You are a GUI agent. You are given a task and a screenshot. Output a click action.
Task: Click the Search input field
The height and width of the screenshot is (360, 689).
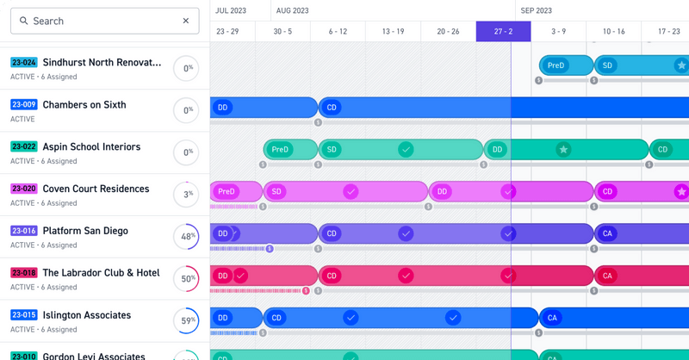pyautogui.click(x=95, y=21)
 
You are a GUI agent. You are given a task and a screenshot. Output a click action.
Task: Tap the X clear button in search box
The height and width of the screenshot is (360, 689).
pyautogui.click(x=186, y=21)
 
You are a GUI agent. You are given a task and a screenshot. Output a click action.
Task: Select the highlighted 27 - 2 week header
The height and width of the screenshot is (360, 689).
pyautogui.click(x=504, y=31)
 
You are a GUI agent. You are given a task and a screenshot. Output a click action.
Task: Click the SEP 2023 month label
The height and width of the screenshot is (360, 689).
pyautogui.click(x=537, y=10)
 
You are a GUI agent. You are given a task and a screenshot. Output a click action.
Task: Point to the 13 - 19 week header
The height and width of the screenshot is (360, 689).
pyautogui.click(x=393, y=31)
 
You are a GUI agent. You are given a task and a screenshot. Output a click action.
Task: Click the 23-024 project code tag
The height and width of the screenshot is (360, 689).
pyautogui.click(x=23, y=63)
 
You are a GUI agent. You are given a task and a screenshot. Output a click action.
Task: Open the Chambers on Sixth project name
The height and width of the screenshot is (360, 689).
pyautogui.click(x=84, y=105)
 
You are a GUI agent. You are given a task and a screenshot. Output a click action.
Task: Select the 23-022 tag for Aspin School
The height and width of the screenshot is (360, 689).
pyautogui.click(x=23, y=147)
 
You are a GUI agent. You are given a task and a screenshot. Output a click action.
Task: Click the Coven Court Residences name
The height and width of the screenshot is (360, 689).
pyautogui.click(x=96, y=189)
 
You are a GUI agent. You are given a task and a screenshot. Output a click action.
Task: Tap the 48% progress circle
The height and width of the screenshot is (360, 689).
pyautogui.click(x=186, y=237)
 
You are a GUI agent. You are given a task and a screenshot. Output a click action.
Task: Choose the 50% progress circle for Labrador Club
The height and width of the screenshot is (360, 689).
pyautogui.click(x=186, y=279)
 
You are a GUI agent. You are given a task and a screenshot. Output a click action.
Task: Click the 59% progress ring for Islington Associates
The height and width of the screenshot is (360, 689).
pyautogui.click(x=186, y=321)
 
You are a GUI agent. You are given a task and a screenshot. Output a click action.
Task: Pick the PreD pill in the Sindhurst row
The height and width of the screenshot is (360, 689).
pyautogui.click(x=556, y=65)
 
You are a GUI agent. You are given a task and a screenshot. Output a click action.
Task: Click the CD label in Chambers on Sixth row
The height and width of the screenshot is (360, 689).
pyautogui.click(x=332, y=108)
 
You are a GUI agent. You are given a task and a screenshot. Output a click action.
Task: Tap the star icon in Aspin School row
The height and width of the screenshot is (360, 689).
pyautogui.click(x=563, y=150)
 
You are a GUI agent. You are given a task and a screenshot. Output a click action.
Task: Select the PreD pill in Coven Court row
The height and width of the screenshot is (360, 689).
pyautogui.click(x=226, y=192)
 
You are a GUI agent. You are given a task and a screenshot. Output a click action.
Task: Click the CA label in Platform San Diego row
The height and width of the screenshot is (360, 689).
pyautogui.click(x=607, y=233)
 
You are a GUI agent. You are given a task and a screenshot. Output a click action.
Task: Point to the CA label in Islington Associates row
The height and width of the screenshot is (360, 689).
pyautogui.click(x=552, y=318)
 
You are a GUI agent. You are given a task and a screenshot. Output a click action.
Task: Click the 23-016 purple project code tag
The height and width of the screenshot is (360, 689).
pyautogui.click(x=23, y=232)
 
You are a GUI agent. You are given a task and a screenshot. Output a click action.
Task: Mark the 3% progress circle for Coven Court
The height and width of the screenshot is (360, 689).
pyautogui.click(x=186, y=195)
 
